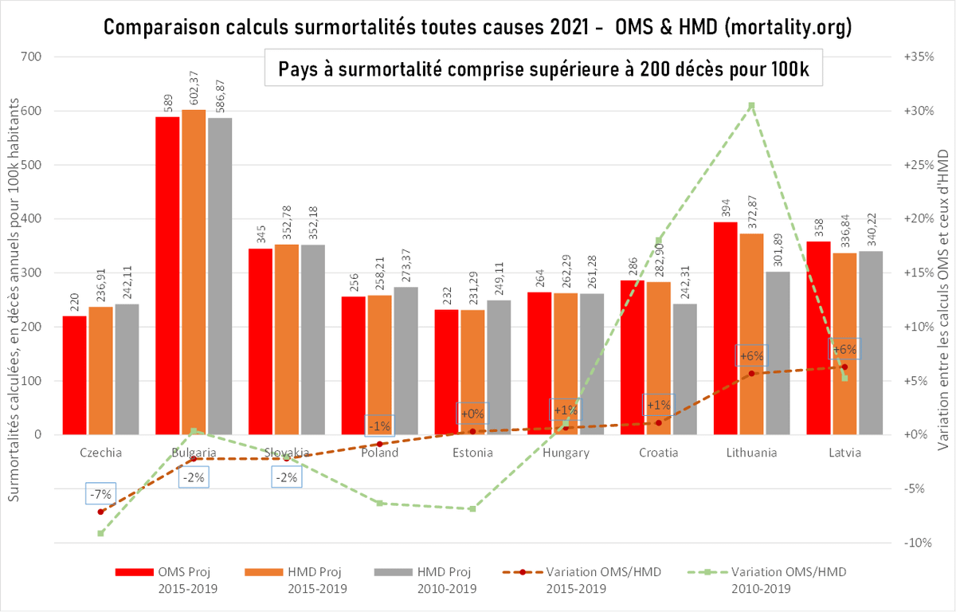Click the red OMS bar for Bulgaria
point(167,275)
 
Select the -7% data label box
point(101,494)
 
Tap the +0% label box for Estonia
point(472,414)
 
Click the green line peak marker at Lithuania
point(751,105)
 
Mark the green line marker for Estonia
point(472,508)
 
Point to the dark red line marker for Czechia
point(101,512)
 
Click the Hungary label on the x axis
point(566,453)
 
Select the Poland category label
point(380,453)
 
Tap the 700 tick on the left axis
point(32,57)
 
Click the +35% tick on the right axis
point(918,57)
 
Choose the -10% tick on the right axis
point(918,543)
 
